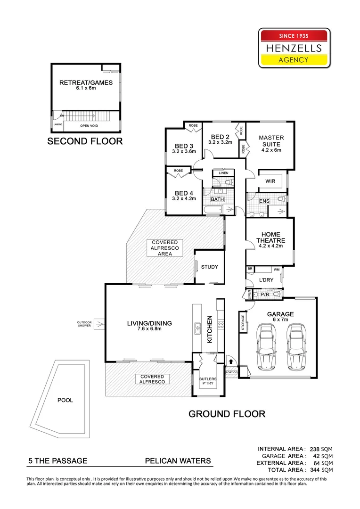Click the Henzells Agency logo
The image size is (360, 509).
[294, 48]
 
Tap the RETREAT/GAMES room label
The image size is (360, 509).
[86, 83]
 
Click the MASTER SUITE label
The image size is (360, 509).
[271, 141]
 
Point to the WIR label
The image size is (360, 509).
[270, 181]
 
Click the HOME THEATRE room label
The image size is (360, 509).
[268, 238]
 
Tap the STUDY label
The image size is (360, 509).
[209, 267]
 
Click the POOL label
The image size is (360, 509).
[65, 400]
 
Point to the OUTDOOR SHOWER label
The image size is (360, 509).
[85, 324]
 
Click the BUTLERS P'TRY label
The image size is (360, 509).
[208, 381]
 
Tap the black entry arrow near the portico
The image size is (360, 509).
[231, 361]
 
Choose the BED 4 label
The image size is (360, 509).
[184, 193]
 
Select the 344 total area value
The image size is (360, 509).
[314, 470]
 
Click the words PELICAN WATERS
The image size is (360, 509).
[177, 461]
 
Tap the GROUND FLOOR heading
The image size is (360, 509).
[227, 414]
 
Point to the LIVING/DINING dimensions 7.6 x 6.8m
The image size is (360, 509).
[149, 329]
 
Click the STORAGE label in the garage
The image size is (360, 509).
[243, 323]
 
